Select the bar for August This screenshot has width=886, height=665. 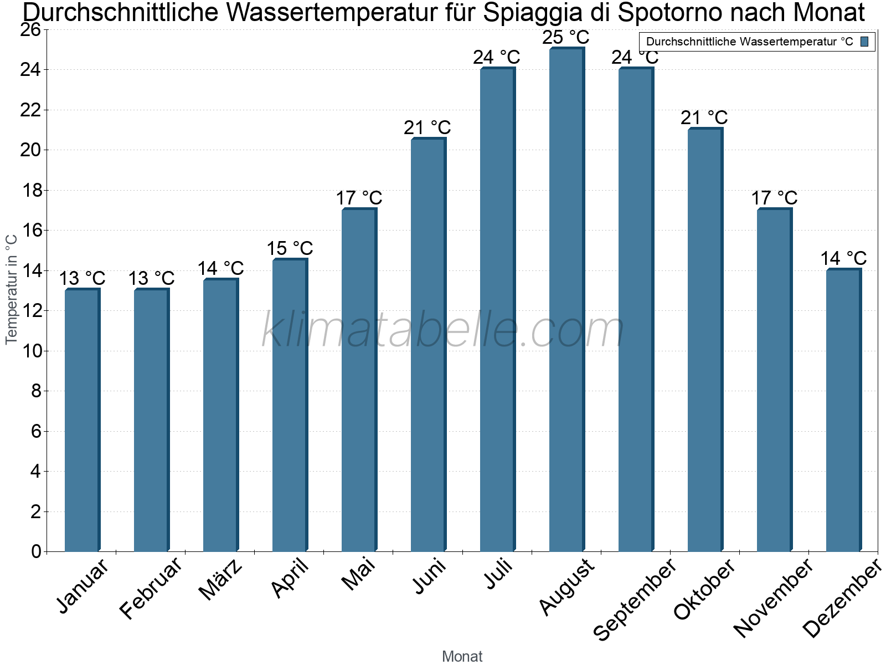(566, 299)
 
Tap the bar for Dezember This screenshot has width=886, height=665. (843, 410)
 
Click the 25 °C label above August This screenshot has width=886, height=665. (566, 38)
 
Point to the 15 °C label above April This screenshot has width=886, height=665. (290, 248)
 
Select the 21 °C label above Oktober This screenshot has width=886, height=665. (704, 117)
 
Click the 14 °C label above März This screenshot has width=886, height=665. (220, 268)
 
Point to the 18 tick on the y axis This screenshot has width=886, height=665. (32, 190)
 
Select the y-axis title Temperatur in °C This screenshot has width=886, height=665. (12, 289)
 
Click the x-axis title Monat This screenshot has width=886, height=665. (462, 656)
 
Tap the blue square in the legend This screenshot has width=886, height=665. (865, 42)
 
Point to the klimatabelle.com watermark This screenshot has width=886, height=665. (443, 330)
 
